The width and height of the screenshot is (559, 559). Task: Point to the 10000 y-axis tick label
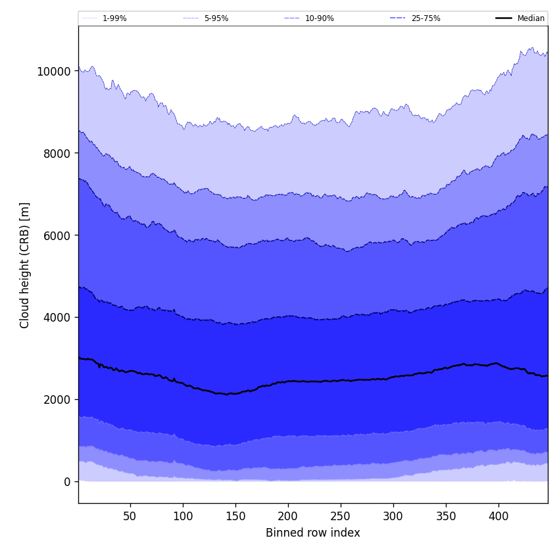[54, 71]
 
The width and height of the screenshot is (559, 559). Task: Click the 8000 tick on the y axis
[57, 153]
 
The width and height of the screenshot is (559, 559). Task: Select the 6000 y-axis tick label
[57, 235]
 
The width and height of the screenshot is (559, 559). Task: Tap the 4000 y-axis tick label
[57, 318]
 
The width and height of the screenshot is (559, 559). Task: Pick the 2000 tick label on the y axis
[57, 399]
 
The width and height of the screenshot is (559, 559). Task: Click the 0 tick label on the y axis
[68, 481]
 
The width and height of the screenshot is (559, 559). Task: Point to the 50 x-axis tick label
[130, 517]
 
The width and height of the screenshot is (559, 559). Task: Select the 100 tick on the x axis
[183, 517]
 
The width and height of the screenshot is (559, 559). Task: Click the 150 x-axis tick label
[235, 517]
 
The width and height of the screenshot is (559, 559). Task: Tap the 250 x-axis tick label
[341, 517]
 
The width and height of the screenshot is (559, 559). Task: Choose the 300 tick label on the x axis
[393, 517]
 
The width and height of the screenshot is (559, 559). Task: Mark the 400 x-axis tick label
[498, 517]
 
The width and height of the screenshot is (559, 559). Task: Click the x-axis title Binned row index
[312, 533]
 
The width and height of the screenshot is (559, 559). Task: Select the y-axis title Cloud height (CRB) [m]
[25, 265]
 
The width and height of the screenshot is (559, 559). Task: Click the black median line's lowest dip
[227, 394]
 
